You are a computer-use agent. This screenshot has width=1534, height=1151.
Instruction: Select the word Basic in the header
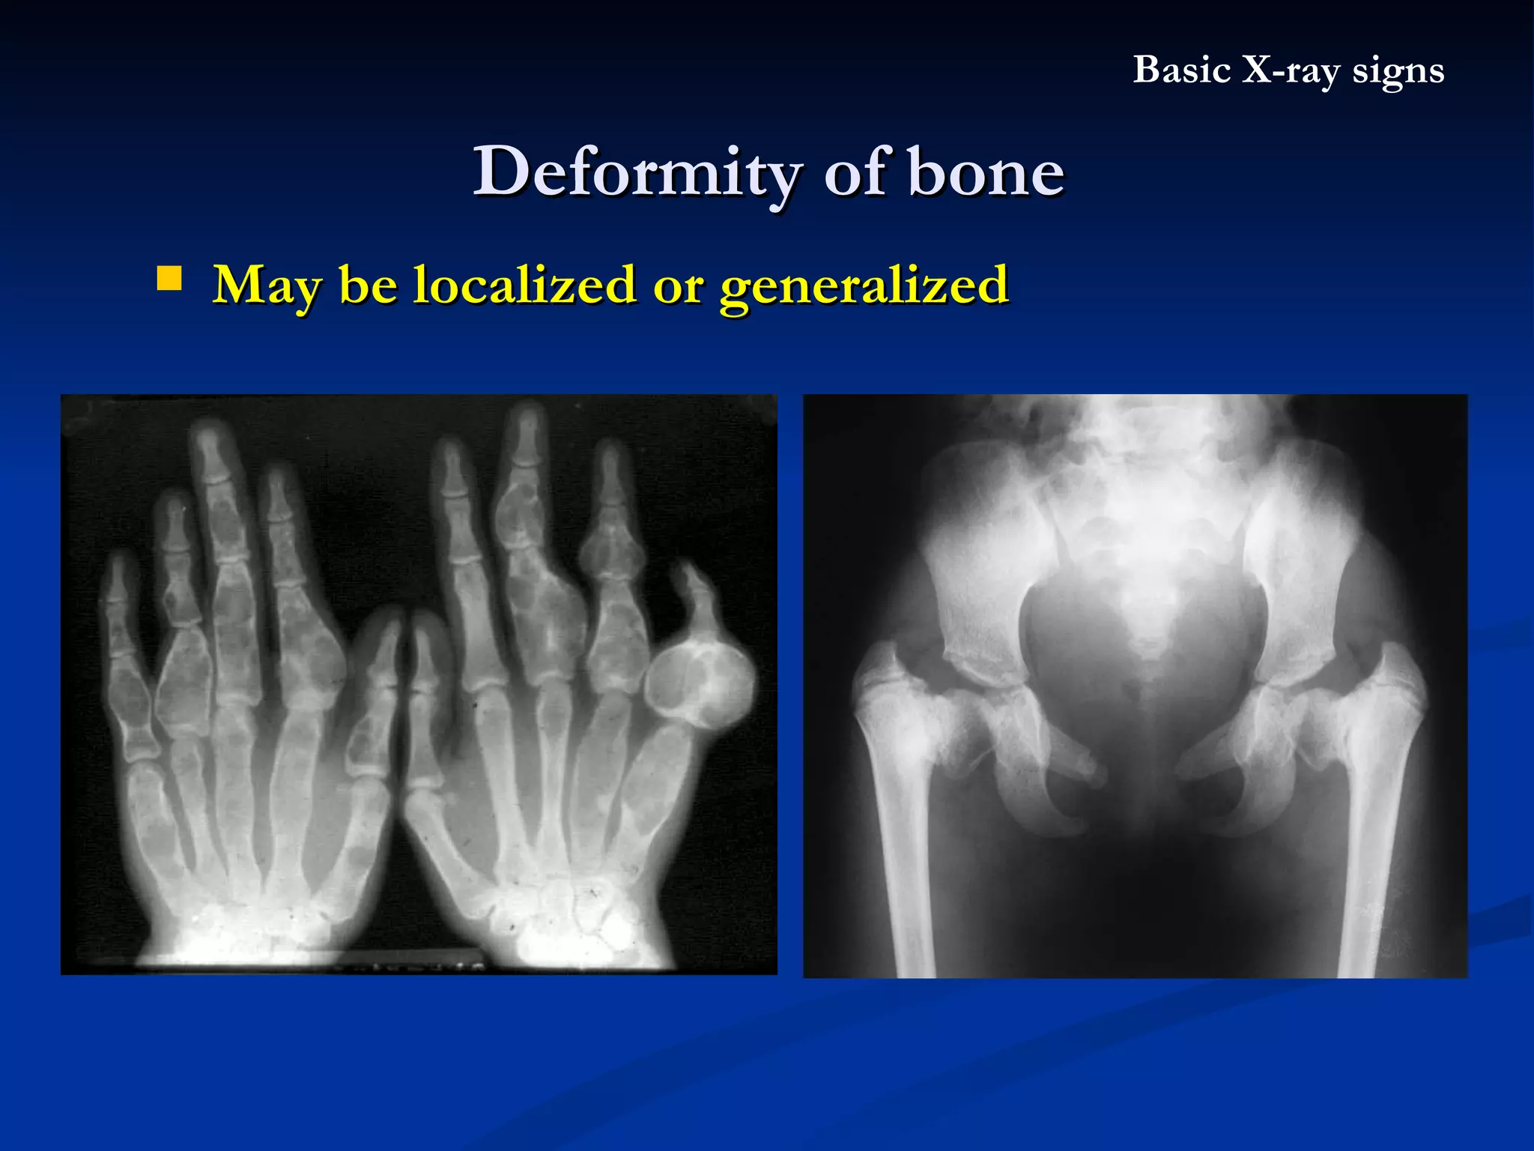point(1181,70)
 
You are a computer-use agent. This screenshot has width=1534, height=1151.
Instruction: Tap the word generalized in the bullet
point(864,286)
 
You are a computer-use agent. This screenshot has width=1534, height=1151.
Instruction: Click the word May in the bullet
point(268,286)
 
